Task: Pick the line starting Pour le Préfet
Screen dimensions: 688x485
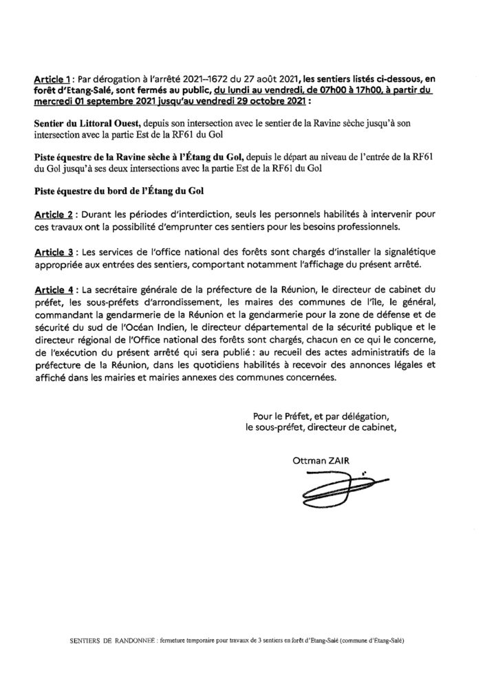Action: [322, 416]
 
